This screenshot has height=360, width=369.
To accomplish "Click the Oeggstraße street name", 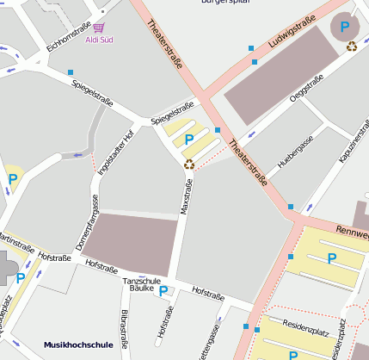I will pos(306,90).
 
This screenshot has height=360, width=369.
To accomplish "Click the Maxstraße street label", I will pos(184,197).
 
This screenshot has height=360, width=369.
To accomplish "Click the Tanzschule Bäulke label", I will pos(141,284).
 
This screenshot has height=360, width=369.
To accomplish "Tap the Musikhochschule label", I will pos(79,345).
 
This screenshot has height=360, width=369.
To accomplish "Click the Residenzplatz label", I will pos(307,330).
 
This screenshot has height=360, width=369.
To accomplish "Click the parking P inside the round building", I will pos(345,28).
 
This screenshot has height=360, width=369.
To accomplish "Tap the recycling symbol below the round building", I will pos(352,47).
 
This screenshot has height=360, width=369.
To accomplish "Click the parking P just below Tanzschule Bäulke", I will pos(163,291).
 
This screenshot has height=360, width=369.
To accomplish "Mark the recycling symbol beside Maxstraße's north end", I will pos(189,163).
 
